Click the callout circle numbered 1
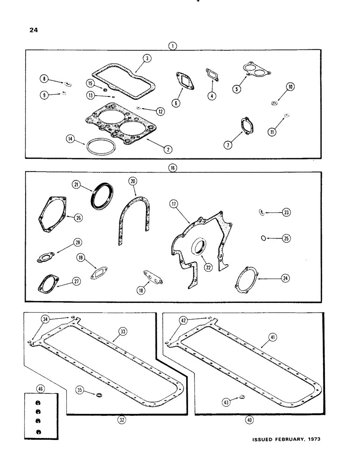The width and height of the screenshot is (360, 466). (x=173, y=46)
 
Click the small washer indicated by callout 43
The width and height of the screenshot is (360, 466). (x=242, y=397)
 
